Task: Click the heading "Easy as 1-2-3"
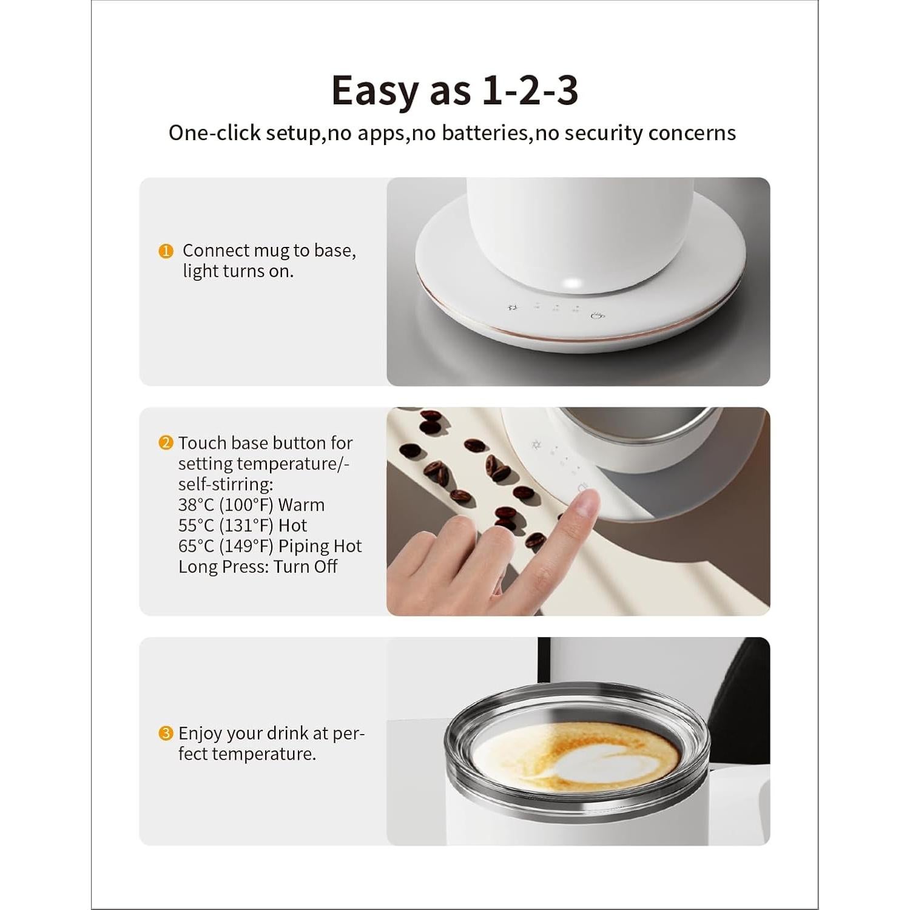(454, 90)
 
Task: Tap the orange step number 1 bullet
(166, 251)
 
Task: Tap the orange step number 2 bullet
(166, 443)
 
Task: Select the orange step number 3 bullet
(166, 733)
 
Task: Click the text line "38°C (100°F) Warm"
(251, 505)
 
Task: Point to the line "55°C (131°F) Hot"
(243, 525)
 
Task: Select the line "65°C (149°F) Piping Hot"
(270, 546)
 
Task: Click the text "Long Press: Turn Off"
(258, 567)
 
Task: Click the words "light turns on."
(238, 271)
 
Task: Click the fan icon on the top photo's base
(512, 307)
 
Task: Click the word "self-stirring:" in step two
(225, 484)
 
